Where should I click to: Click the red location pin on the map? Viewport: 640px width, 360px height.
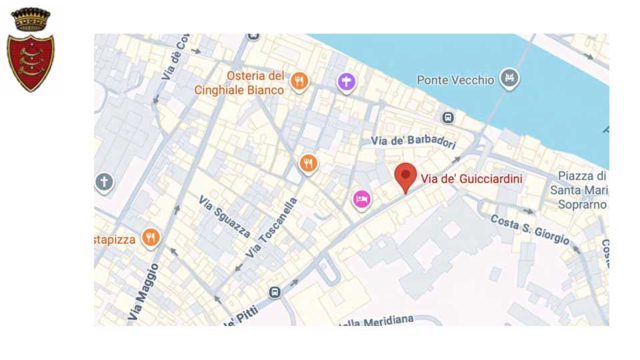[x=405, y=176]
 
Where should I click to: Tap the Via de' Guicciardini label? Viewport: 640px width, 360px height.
[x=471, y=179]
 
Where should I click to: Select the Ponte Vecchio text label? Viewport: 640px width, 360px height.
[x=455, y=80]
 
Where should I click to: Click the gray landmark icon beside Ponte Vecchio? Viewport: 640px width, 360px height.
[x=510, y=79]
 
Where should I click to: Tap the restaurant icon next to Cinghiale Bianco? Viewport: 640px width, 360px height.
[x=299, y=81]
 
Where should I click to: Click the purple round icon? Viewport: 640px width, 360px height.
[x=346, y=82]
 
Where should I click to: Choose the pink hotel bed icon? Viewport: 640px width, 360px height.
[x=361, y=198]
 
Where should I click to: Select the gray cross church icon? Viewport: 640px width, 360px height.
[x=104, y=181]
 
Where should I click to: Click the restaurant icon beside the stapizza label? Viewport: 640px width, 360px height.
[x=151, y=237]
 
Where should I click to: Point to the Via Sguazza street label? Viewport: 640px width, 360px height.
[x=225, y=216]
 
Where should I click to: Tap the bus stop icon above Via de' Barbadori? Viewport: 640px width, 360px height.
[x=448, y=117]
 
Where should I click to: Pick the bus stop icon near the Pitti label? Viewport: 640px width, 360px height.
[x=274, y=292]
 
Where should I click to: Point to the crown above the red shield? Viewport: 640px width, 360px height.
[x=31, y=19]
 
